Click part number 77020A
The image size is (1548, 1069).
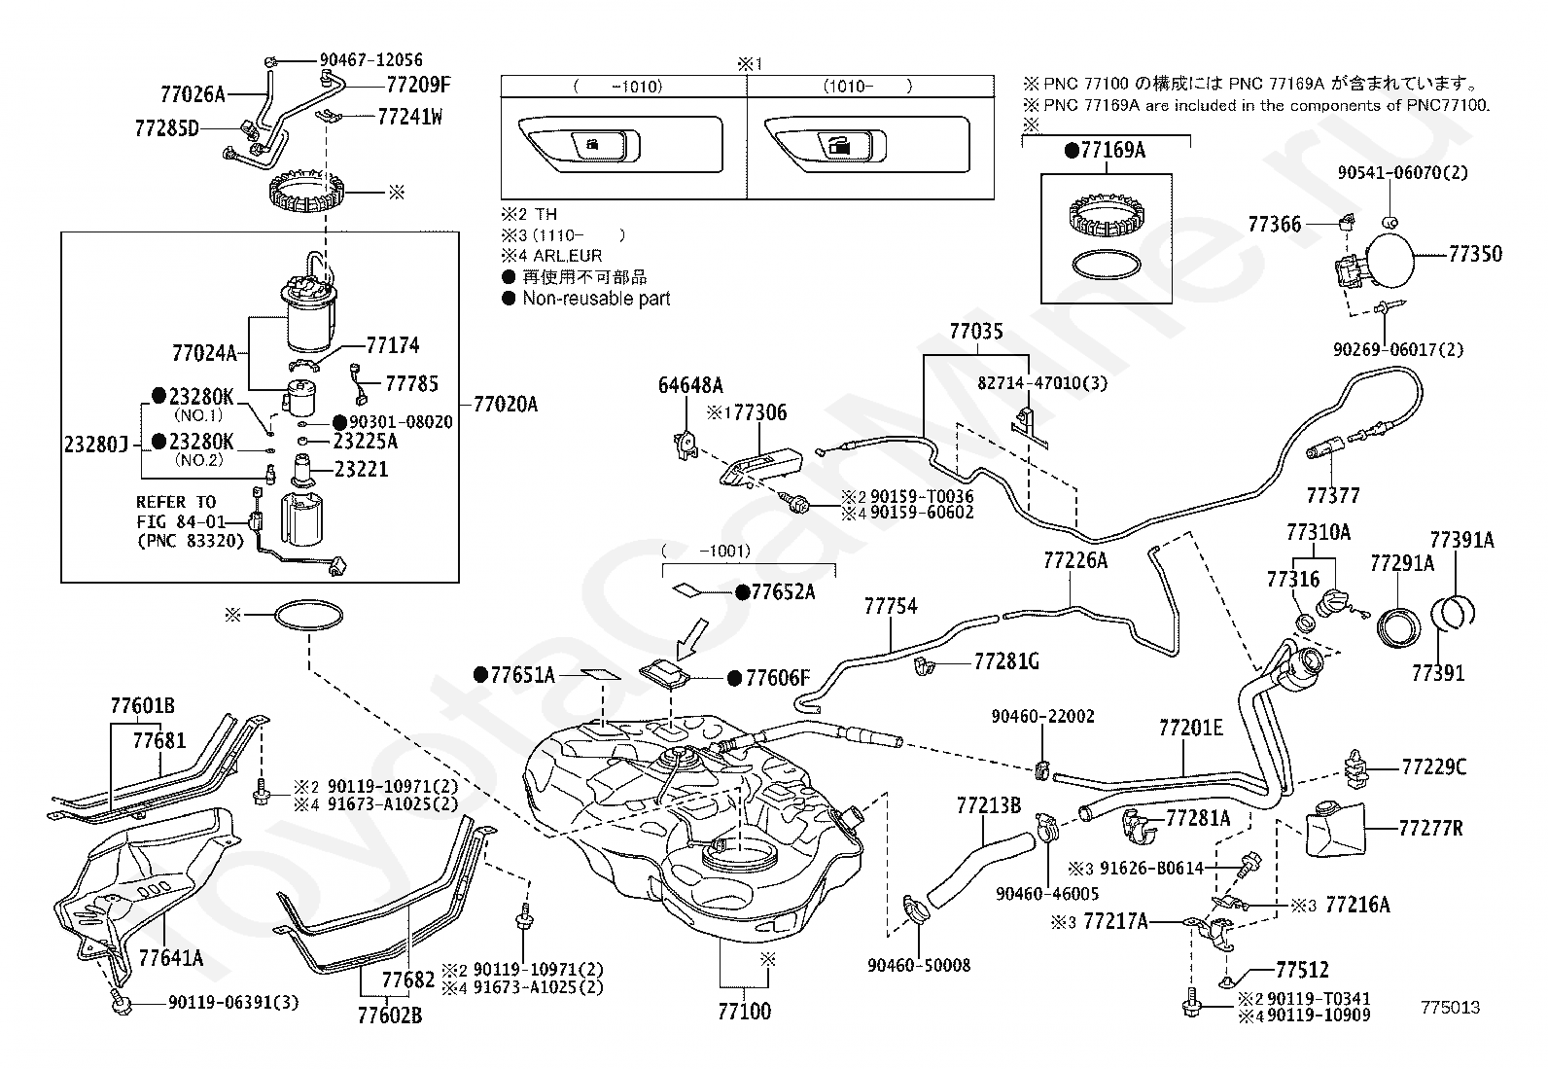click(505, 405)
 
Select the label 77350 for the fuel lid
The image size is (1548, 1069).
click(1474, 254)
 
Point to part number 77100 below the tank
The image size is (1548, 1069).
click(744, 1012)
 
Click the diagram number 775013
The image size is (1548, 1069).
click(1450, 1008)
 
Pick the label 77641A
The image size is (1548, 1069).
click(171, 957)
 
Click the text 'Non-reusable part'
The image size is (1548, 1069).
click(596, 299)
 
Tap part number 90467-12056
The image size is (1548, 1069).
click(370, 60)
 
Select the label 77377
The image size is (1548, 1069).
click(1332, 496)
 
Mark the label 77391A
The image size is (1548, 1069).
click(1461, 540)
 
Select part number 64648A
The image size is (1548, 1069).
click(690, 384)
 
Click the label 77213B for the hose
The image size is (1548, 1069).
click(988, 805)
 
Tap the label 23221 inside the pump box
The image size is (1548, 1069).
click(361, 469)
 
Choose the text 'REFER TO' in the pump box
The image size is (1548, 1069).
click(176, 502)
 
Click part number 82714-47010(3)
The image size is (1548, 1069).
click(1042, 383)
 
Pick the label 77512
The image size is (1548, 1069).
click(1302, 970)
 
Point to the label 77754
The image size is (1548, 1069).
click(890, 606)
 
